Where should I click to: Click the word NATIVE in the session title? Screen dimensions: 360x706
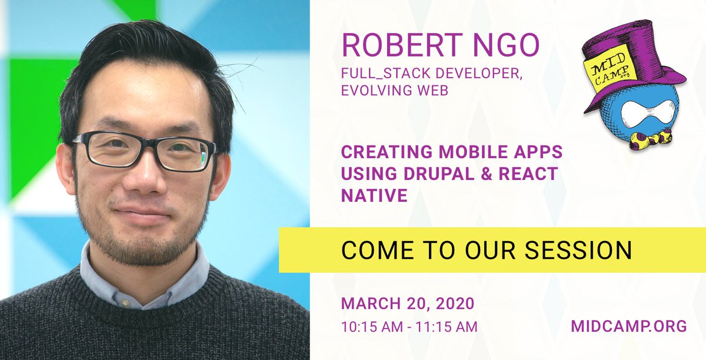tap(374, 195)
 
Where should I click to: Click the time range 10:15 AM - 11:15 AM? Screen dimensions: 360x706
tap(409, 326)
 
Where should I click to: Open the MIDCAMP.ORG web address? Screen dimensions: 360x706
tap(629, 326)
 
